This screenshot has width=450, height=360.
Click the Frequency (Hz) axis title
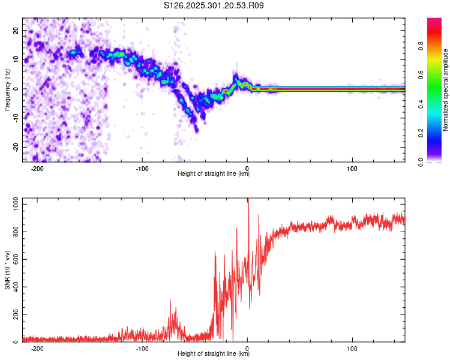[x=8, y=89]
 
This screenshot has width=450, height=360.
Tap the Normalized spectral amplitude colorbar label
[x=445, y=90]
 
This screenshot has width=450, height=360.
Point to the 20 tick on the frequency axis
[x=17, y=32]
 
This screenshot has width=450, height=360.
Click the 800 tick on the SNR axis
[x=15, y=232]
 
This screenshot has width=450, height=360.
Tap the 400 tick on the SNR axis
[x=15, y=287]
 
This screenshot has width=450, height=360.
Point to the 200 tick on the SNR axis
[x=15, y=315]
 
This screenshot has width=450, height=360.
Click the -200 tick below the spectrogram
[x=37, y=169]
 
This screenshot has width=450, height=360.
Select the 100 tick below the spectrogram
[x=352, y=169]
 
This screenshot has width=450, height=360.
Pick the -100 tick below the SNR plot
[x=142, y=349]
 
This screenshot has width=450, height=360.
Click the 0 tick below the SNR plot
[x=247, y=349]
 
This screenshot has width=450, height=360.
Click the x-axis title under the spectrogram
[x=214, y=174]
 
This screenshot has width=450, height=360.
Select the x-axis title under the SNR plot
[x=214, y=354]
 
